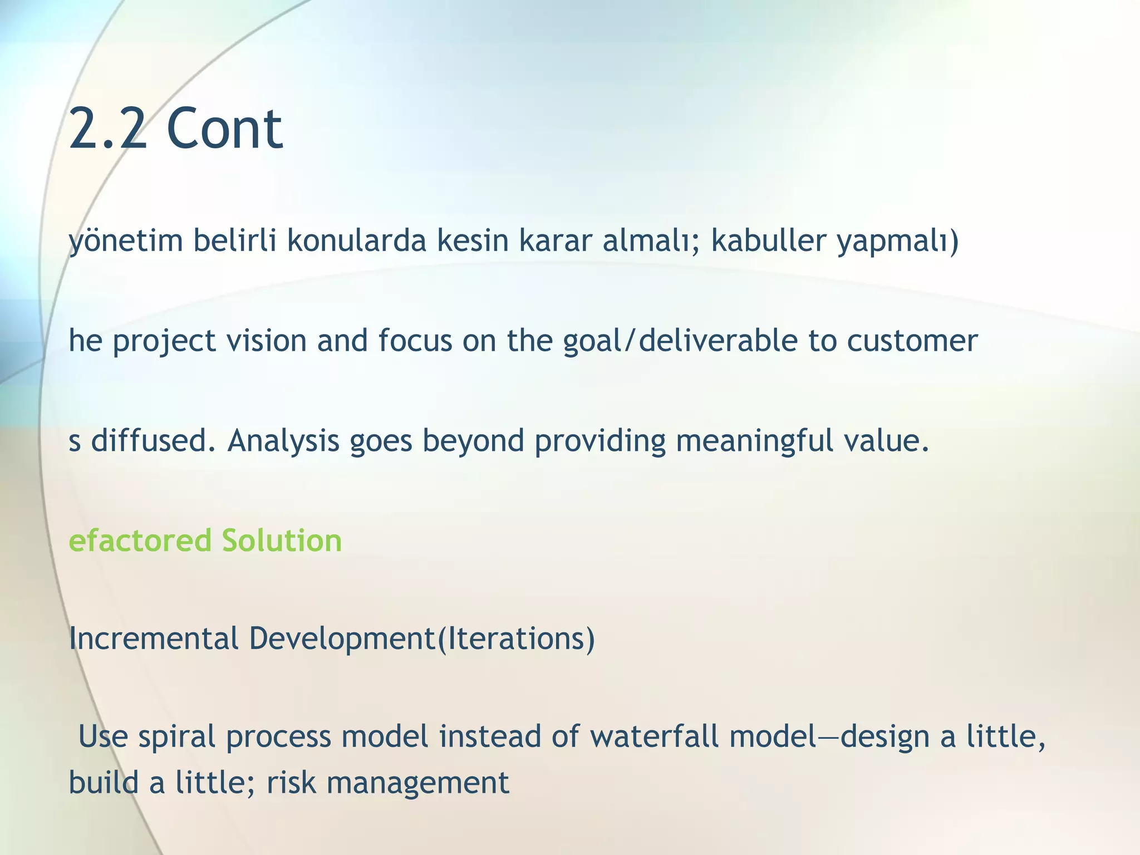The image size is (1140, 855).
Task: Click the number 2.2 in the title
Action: tap(108, 129)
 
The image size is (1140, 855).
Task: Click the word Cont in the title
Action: tap(224, 129)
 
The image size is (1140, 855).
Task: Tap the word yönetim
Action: tap(126, 242)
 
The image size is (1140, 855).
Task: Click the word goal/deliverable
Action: tap(680, 341)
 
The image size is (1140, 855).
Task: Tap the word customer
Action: tap(912, 341)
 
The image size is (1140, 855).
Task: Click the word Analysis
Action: tap(283, 441)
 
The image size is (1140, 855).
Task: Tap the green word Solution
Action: tap(282, 540)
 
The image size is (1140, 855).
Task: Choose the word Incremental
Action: tap(154, 638)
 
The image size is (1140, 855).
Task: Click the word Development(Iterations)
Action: tap(422, 640)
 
